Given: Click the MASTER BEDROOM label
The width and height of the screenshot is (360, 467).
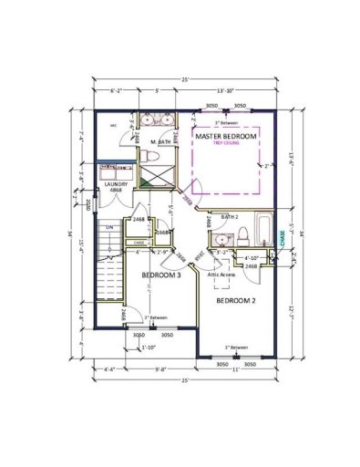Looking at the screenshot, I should point(226,136).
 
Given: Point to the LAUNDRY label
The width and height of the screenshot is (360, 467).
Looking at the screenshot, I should point(116,186).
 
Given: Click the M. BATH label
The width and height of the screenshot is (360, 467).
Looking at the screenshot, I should point(160,142).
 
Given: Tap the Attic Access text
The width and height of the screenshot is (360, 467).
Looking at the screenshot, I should point(222,275).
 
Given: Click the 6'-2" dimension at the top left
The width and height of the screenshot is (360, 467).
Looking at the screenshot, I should point(116,91).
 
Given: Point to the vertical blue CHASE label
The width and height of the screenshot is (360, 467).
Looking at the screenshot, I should point(282,239).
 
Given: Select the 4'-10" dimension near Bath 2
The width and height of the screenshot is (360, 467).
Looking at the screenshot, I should point(252,258).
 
